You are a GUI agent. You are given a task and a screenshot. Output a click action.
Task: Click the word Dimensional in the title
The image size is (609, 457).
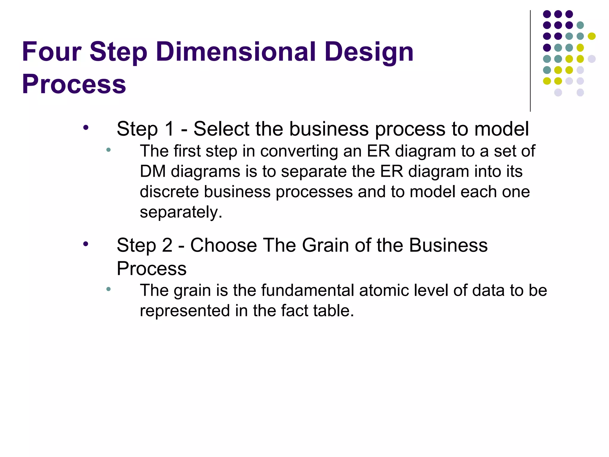[x=236, y=52]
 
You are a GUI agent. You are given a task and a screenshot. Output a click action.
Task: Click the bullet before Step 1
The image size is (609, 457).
[x=86, y=128]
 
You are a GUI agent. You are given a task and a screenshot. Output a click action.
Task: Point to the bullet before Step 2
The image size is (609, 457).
[x=86, y=244]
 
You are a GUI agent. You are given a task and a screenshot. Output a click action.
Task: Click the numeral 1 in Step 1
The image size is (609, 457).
[x=169, y=129]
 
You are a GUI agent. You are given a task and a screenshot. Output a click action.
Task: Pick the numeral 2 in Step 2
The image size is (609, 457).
[x=167, y=245]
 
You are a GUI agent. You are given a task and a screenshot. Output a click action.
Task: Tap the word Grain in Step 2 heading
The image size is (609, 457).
[x=325, y=245]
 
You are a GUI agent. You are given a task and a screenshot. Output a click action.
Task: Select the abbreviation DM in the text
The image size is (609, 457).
[x=153, y=171]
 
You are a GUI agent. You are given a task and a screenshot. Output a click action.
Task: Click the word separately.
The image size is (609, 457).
[x=181, y=212]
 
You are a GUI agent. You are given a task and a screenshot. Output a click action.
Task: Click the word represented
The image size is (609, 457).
[x=185, y=311]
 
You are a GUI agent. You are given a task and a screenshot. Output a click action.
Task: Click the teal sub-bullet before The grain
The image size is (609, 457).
[x=109, y=289]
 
